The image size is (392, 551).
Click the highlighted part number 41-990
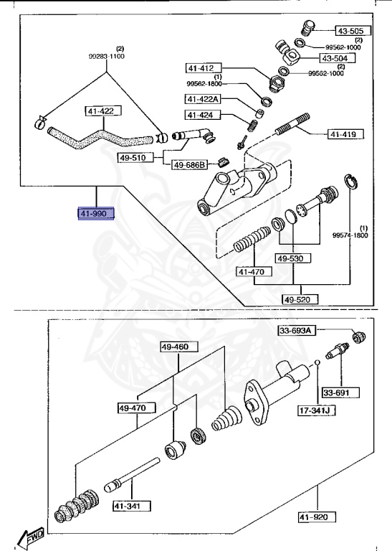(x=96, y=214)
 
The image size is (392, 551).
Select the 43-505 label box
(x=350, y=31)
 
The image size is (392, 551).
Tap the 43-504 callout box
(x=335, y=58)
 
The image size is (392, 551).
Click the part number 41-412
(x=201, y=68)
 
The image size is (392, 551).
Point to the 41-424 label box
(x=201, y=116)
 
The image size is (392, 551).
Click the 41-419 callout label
(x=346, y=133)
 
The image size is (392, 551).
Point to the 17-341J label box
(x=317, y=411)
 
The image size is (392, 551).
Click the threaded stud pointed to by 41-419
(x=292, y=123)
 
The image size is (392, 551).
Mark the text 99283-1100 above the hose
(x=107, y=55)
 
